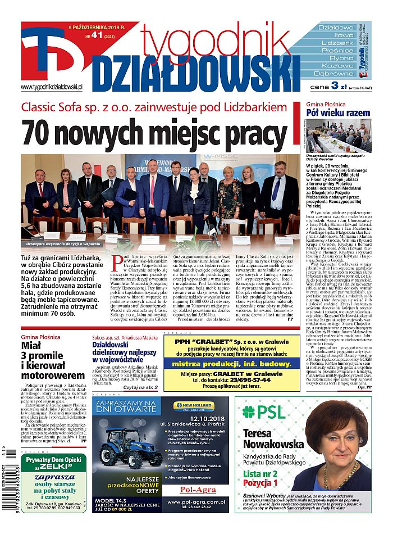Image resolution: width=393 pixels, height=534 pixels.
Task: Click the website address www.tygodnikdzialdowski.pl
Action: coord(52,87)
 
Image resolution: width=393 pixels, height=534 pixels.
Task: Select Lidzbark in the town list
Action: coord(337,43)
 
